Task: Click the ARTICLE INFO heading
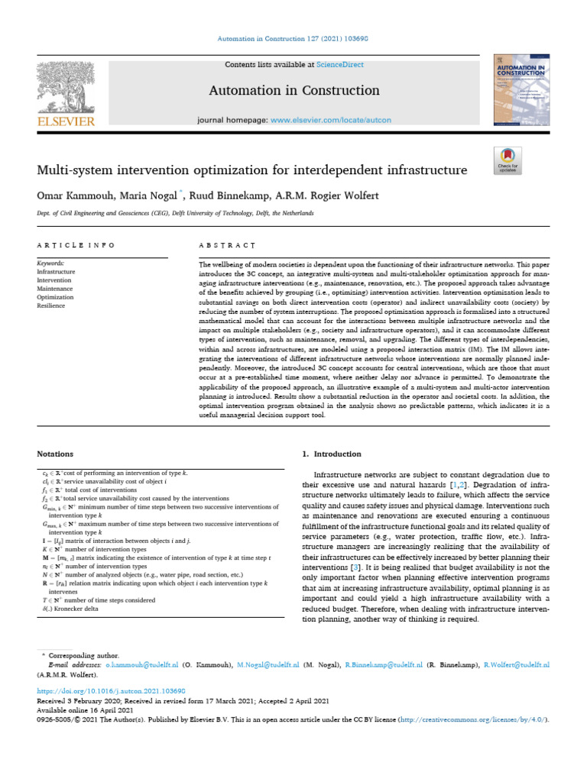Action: click(x=76, y=245)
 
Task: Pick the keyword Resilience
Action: click(x=52, y=305)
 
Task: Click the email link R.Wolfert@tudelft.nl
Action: click(x=517, y=666)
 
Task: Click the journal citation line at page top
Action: click(x=293, y=39)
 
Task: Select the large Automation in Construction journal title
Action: click(x=294, y=91)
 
